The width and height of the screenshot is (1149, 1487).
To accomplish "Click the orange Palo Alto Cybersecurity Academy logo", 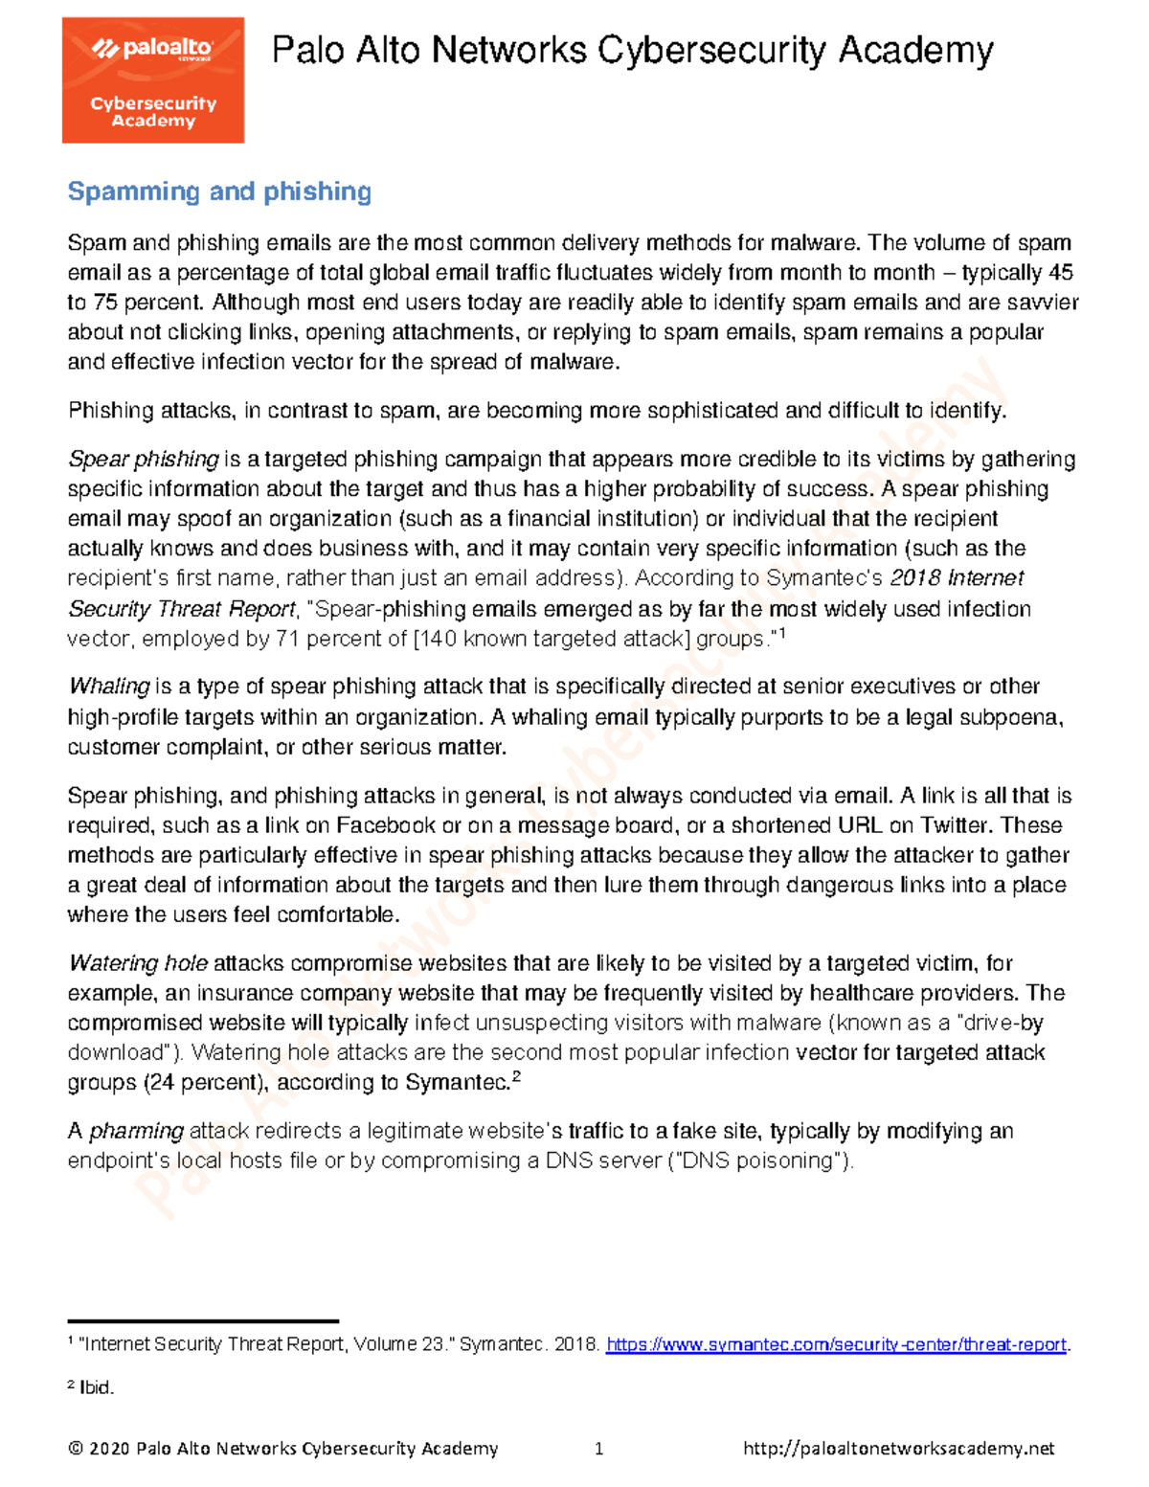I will [153, 80].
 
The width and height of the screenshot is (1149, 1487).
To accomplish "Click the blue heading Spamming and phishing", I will [219, 192].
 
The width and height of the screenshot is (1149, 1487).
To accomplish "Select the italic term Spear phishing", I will [144, 460].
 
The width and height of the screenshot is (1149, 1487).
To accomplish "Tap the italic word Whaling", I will [109, 687].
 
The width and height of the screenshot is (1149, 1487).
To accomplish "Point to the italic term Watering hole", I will [138, 963].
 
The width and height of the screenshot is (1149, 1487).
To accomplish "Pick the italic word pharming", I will [136, 1131].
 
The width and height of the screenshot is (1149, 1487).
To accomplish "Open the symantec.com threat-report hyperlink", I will [837, 1344].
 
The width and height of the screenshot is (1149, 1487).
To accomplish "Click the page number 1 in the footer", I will [598, 1449].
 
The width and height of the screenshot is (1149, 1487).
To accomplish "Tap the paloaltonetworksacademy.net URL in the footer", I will [898, 1449].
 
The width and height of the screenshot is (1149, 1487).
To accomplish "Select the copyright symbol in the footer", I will [76, 1449].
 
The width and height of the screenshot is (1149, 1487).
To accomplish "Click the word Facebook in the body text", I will [385, 825].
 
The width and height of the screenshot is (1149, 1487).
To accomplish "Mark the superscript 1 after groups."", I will [781, 633].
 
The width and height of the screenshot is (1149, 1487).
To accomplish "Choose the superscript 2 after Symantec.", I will [516, 1076].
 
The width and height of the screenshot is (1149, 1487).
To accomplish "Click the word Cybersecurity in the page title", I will [712, 50].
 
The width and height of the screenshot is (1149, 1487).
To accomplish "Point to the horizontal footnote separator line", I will [203, 1321].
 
